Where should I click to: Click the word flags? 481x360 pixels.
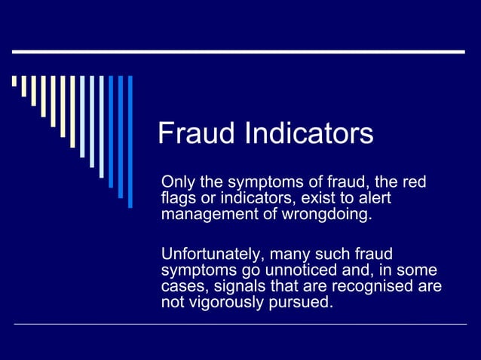point(178,199)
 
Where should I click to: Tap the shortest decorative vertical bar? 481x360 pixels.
point(14,81)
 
